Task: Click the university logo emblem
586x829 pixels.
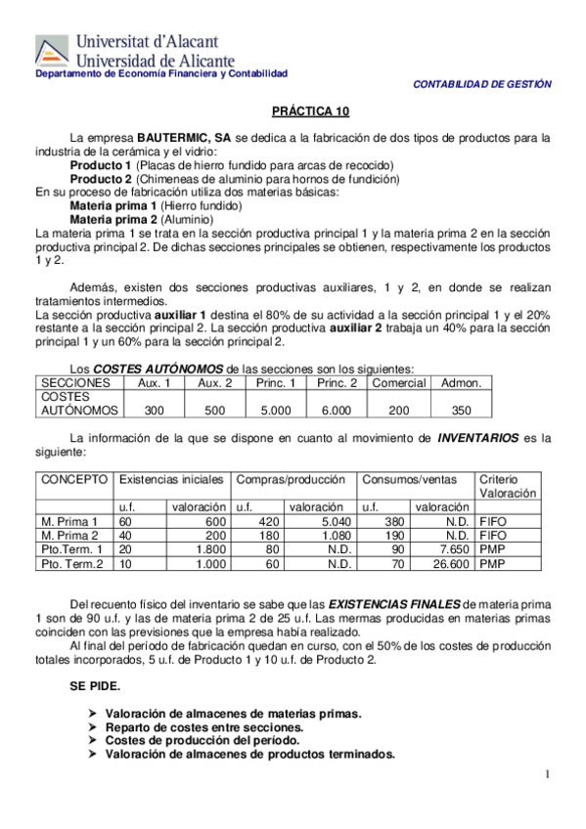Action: (52, 51)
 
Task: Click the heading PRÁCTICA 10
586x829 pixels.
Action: (310, 112)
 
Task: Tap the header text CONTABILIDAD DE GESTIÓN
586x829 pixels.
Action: (482, 85)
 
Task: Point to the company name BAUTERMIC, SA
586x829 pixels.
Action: (184, 138)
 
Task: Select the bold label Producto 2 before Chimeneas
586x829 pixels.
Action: (101, 179)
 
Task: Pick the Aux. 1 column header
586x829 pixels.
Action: (153, 382)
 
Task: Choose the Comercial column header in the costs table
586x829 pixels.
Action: (398, 382)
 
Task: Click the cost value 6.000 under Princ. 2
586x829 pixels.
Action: (336, 411)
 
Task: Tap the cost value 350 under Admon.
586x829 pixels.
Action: (461, 411)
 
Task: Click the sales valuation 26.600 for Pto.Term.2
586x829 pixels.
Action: (446, 564)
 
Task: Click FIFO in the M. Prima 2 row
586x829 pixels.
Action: (493, 536)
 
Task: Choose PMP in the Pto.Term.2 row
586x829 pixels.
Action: (492, 564)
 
